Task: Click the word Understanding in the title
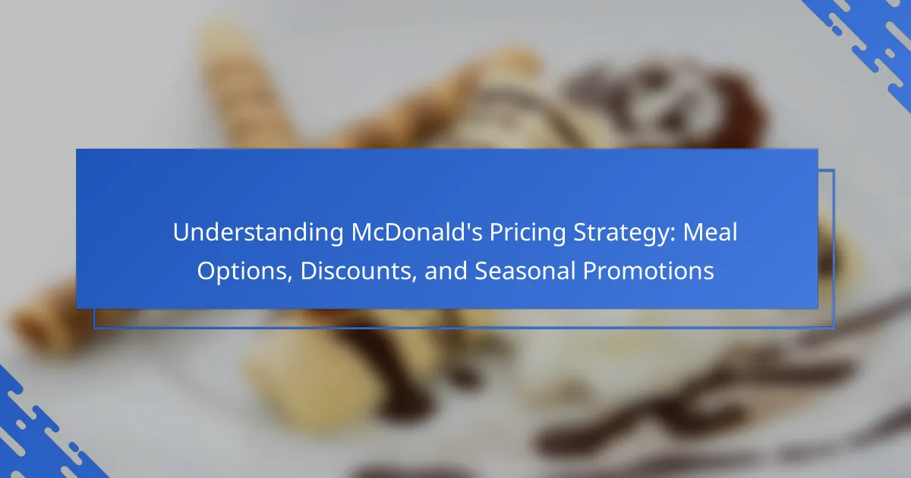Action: pos(258,233)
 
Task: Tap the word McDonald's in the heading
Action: pos(417,232)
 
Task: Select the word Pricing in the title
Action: pos(528,233)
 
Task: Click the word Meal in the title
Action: pos(710,232)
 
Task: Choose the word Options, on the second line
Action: pos(244,272)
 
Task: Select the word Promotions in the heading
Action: pos(648,271)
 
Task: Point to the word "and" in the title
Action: pos(446,271)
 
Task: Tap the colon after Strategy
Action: pos(673,235)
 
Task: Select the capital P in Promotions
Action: pos(590,271)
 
